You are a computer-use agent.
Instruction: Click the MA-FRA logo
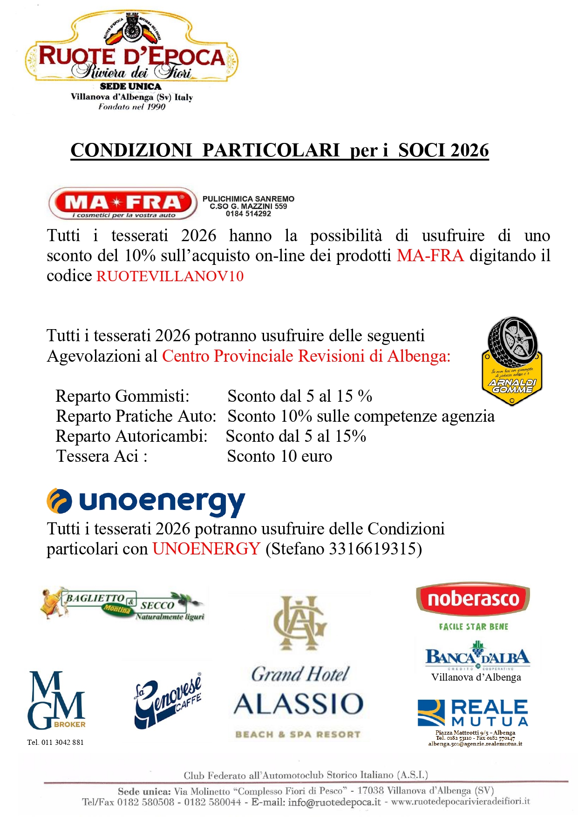pos(123,203)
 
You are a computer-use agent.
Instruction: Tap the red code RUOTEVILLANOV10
pos(170,276)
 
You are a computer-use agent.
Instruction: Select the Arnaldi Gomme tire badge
pos(512,361)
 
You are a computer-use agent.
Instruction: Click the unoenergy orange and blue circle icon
pos(59,501)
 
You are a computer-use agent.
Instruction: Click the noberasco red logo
pos(473,599)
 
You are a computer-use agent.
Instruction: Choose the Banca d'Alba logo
pos(477,655)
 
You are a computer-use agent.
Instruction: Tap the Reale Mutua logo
pos(473,713)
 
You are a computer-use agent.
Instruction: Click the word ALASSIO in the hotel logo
pos(299,704)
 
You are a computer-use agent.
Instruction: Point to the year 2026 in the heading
pos(469,150)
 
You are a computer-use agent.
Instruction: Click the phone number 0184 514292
pos(248,214)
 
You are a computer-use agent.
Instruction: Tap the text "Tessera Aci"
pos(102,456)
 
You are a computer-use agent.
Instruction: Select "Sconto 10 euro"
pos(279,456)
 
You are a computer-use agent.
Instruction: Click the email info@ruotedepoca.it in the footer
pos(334,802)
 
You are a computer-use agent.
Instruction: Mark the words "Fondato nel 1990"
pos(132,107)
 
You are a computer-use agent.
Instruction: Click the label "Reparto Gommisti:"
pos(122,396)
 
